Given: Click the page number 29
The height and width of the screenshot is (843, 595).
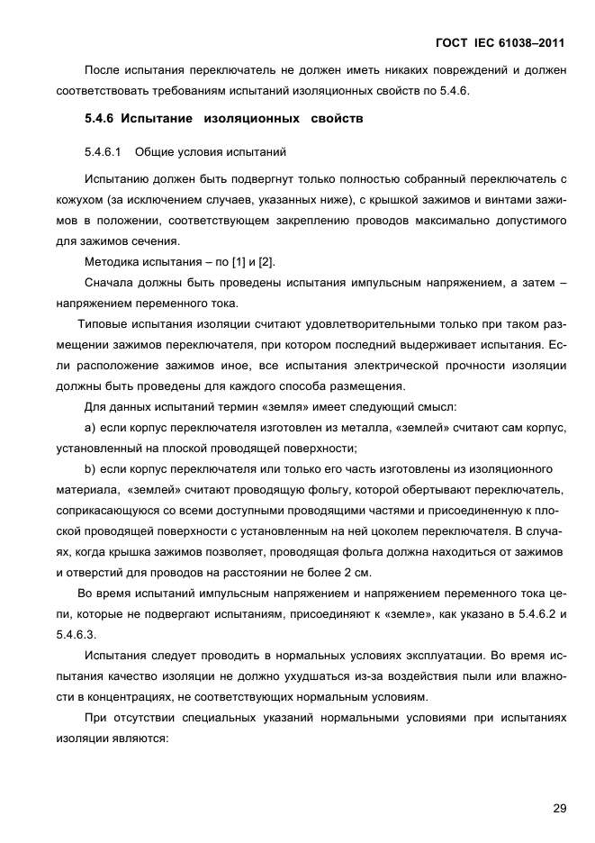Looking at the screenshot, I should (559, 808).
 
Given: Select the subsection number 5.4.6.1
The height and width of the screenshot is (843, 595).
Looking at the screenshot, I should (102, 151).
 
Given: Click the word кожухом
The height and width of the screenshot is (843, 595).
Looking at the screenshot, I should (77, 199).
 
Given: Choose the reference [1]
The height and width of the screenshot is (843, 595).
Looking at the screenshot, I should (241, 262).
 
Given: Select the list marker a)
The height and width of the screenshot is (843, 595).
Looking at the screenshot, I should (90, 427).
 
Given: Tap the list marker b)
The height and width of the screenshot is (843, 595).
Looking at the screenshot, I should (90, 468).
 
